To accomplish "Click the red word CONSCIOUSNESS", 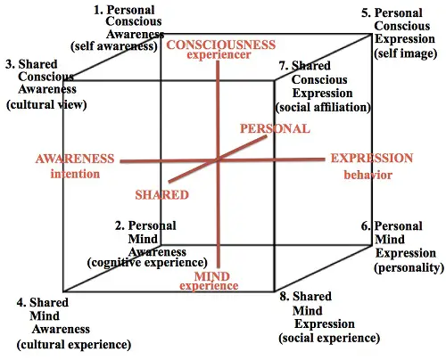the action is click(x=221, y=45).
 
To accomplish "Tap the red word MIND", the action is click(x=212, y=276).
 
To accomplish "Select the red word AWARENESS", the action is click(x=75, y=159).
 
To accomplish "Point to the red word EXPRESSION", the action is click(x=372, y=159).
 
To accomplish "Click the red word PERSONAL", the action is click(x=275, y=128).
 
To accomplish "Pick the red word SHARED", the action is click(x=162, y=195).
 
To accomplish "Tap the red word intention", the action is click(x=75, y=174).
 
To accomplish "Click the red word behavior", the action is click(x=368, y=175).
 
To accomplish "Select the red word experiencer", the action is click(x=219, y=54).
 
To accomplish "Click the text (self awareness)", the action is click(x=114, y=46).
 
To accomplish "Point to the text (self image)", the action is click(x=406, y=53).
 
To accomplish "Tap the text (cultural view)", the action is click(x=46, y=104).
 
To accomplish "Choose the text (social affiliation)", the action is click(x=323, y=107).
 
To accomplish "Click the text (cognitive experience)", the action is click(x=147, y=263).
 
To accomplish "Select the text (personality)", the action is click(x=409, y=268).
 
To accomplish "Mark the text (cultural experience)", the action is click(x=74, y=345).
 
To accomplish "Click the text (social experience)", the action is click(x=329, y=338).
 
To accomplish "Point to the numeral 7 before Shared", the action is click(x=283, y=66).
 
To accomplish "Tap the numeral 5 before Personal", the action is click(x=365, y=13).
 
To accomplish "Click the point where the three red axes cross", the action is click(x=219, y=160).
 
